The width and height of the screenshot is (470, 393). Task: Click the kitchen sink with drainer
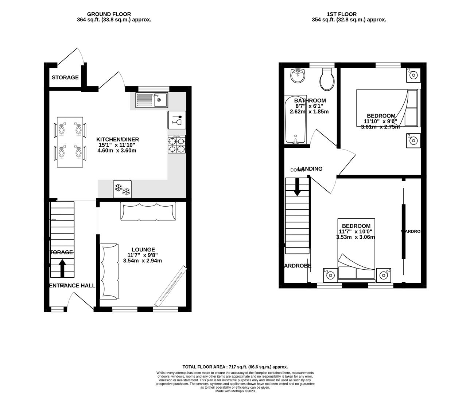tap(151, 100)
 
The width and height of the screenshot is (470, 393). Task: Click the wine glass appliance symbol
tap(176, 120)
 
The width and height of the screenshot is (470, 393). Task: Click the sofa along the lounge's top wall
tap(148, 211)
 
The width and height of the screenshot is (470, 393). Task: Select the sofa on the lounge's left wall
tap(109, 271)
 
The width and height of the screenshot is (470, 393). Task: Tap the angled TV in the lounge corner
tap(171, 286)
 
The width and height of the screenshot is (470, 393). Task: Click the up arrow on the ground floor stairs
tap(62, 268)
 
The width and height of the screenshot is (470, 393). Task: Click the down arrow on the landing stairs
tap(297, 187)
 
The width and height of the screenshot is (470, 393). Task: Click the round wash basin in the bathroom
tap(299, 76)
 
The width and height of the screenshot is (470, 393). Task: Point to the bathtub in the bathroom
tap(295, 120)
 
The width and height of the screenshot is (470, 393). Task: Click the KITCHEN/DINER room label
tap(117, 139)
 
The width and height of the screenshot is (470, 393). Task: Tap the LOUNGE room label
tap(143, 250)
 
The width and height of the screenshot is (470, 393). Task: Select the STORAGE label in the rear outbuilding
tap(65, 78)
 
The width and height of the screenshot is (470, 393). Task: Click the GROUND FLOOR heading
tap(114, 14)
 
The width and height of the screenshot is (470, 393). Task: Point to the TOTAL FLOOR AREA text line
tap(235, 367)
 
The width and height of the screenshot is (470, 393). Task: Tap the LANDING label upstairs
tap(310, 169)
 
